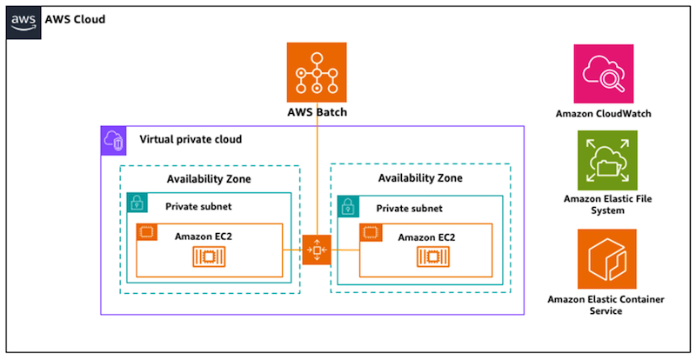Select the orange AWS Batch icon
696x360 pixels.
[317, 71]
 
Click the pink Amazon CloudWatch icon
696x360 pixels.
[603, 73]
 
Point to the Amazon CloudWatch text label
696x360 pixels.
[603, 114]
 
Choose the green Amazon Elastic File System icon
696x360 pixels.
[606, 160]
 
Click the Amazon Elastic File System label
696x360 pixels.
[606, 204]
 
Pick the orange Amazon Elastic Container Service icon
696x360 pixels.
[606, 259]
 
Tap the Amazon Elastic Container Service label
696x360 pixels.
[606, 304]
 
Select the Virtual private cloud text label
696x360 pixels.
[191, 139]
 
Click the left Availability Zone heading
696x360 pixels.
[209, 179]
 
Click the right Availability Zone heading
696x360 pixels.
[420, 178]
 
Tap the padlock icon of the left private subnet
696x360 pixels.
[137, 203]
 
